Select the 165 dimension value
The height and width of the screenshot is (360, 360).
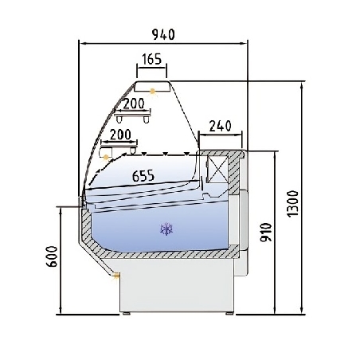tap(152, 58)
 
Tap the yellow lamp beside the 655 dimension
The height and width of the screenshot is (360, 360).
tap(105, 158)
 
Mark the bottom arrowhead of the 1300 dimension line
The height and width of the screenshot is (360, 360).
tap(303, 312)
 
